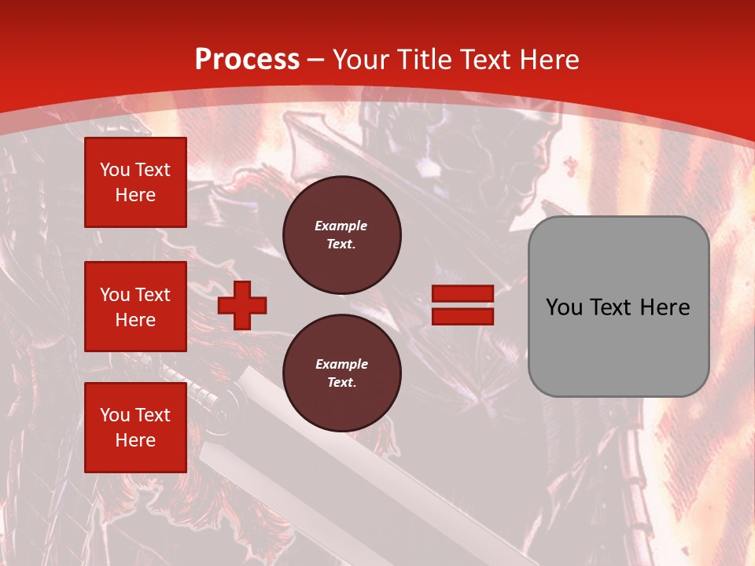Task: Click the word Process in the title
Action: pos(247,60)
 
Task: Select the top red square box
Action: pos(135,182)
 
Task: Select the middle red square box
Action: pos(135,307)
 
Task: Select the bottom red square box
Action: pos(135,428)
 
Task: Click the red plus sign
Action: pos(242,305)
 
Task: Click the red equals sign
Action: pos(462,305)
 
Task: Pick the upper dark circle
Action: pos(341,235)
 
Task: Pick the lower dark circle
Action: pos(341,373)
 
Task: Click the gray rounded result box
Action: pos(618,307)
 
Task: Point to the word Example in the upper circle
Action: pos(341,226)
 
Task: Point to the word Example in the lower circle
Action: pos(341,364)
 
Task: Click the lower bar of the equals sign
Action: pos(462,316)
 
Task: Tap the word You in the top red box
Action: pos(115,170)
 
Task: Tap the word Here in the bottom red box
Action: pos(135,440)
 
